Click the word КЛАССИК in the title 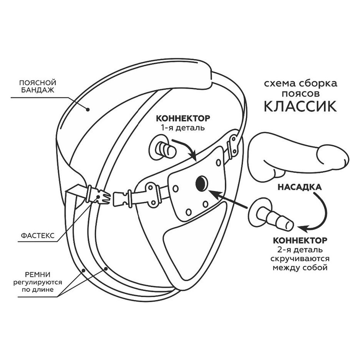[300, 106]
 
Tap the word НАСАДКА [300, 187]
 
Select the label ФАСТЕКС [38, 235]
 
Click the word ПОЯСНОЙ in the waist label [38, 83]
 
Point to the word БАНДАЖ [38, 90]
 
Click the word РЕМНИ [38, 274]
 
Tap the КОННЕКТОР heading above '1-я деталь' [183, 119]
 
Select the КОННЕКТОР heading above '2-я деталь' [300, 240]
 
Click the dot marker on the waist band [87, 110]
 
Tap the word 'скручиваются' [300, 259]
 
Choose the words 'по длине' [38, 289]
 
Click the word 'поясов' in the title [300, 94]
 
